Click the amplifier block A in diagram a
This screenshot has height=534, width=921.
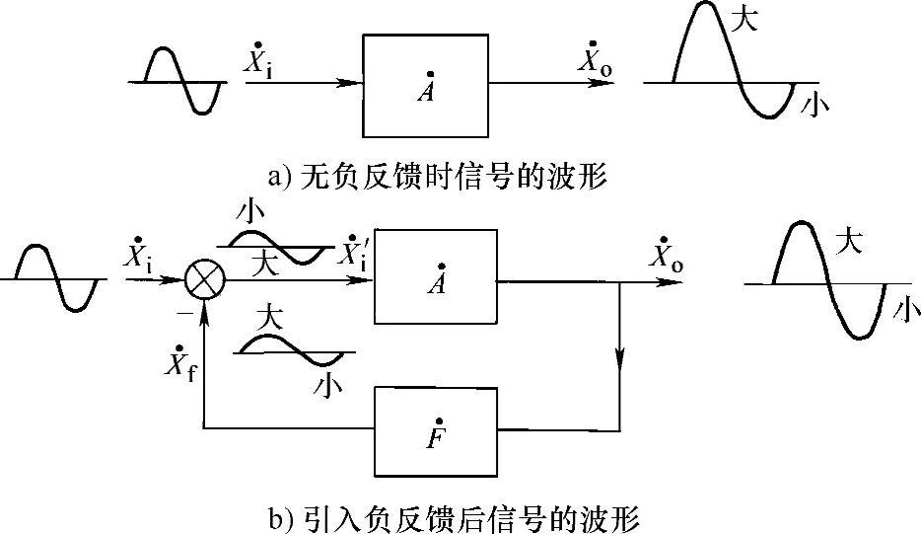[x=425, y=86]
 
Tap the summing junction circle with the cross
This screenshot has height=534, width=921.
[x=205, y=280]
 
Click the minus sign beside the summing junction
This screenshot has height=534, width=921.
[x=183, y=311]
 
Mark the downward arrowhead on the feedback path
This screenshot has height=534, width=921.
[x=620, y=362]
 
